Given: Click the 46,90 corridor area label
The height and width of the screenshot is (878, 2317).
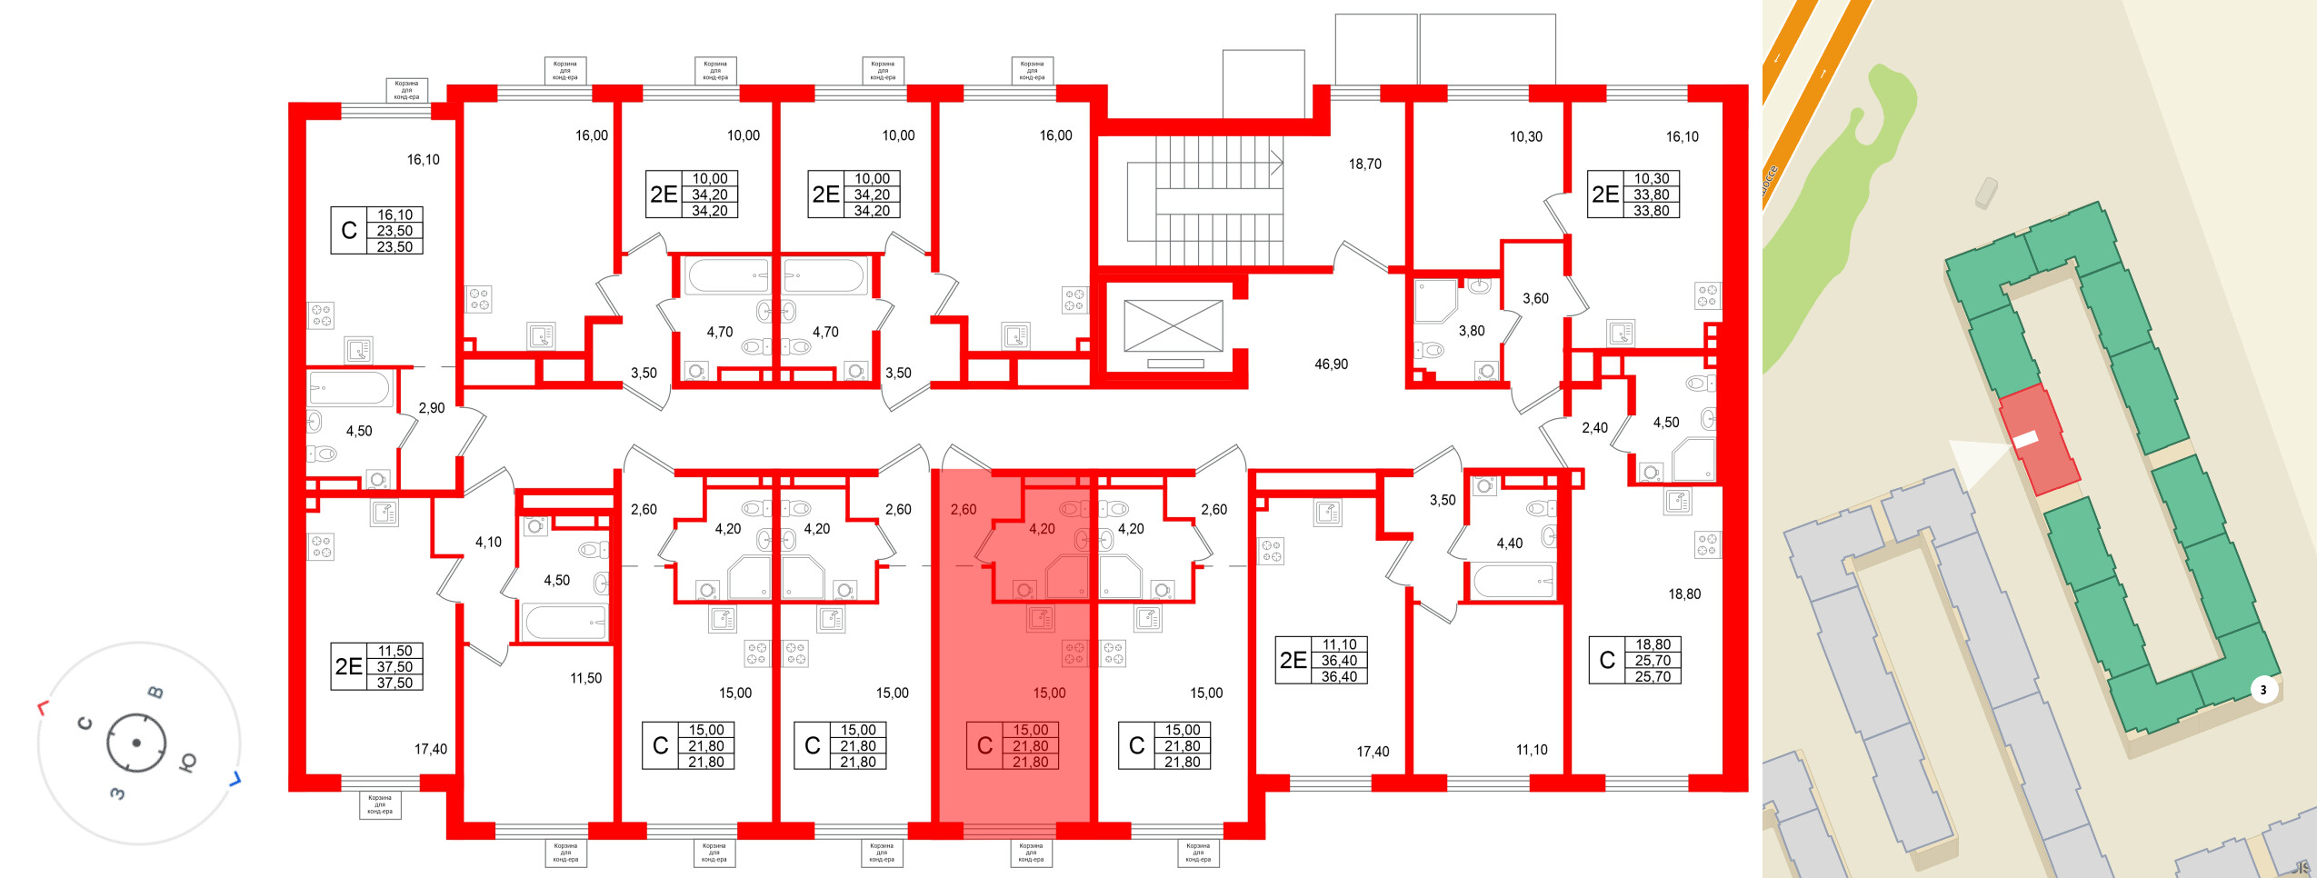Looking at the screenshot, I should click(x=1331, y=364).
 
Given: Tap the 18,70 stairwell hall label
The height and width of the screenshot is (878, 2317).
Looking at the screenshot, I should click(x=1364, y=165).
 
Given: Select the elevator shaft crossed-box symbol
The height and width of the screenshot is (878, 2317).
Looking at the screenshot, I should click(x=1173, y=325).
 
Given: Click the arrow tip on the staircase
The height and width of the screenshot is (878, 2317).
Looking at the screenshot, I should click(x=1281, y=163).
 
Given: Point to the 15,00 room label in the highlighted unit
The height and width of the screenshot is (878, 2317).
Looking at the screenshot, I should click(x=1049, y=693).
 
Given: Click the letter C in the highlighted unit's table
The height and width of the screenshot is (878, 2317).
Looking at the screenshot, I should click(x=984, y=746).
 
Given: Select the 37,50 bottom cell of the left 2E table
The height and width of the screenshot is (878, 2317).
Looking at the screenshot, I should click(x=394, y=683).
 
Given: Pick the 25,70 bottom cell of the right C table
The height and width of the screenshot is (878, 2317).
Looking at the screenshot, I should click(x=1653, y=677).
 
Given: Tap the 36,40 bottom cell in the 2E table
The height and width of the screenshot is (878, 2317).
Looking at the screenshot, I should click(x=1339, y=677).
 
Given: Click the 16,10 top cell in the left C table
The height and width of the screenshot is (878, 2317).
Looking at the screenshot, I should click(x=394, y=215).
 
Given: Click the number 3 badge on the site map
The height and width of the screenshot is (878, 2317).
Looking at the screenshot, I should click(x=2263, y=690).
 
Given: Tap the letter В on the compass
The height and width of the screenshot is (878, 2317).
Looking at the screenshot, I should click(x=156, y=693).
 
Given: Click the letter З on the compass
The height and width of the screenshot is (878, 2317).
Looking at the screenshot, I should click(x=117, y=793).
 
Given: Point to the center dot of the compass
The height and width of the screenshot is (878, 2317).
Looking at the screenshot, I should click(x=136, y=743).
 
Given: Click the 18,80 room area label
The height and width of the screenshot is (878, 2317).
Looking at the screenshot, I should click(x=1683, y=594).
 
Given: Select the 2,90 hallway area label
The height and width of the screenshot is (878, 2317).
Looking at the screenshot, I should click(x=432, y=408).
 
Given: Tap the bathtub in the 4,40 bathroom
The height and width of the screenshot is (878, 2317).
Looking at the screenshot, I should click(x=1513, y=580).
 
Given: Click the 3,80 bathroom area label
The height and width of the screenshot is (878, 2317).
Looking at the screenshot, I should click(x=1472, y=332).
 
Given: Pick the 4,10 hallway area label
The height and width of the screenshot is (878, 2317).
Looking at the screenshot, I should click(x=488, y=543).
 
